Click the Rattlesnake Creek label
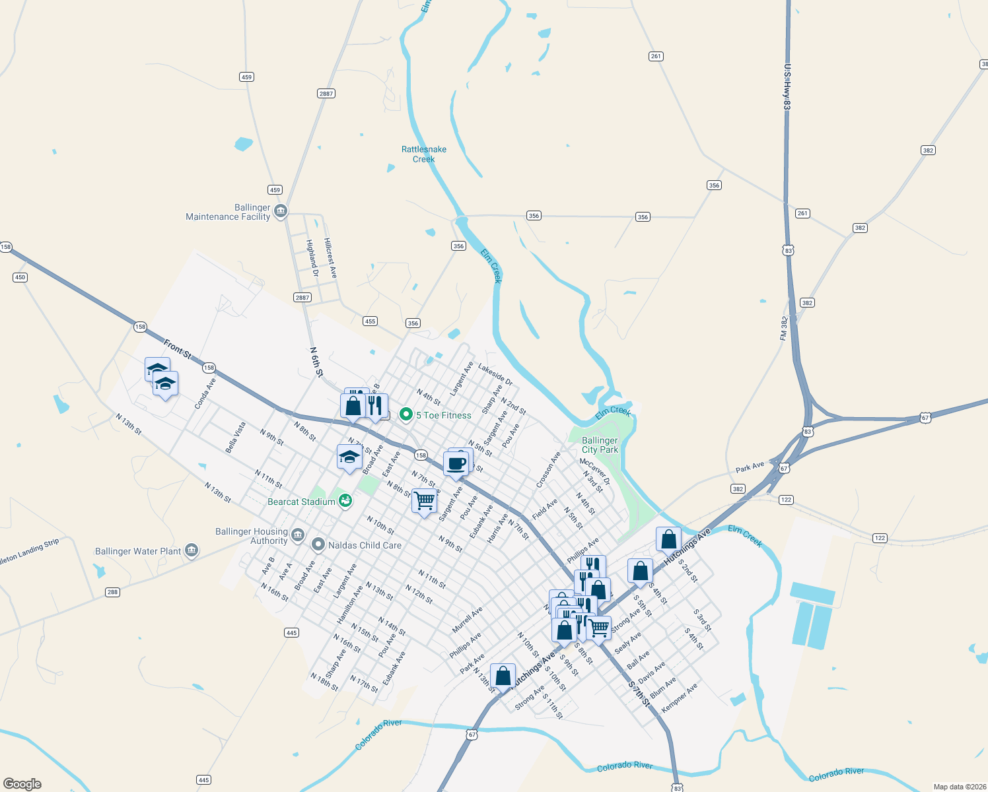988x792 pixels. click(x=424, y=154)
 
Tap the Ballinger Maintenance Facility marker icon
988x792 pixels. click(x=281, y=211)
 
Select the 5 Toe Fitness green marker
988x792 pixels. click(x=406, y=415)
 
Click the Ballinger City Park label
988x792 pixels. click(x=600, y=445)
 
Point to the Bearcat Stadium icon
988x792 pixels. click(x=345, y=502)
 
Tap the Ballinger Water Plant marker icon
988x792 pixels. click(x=192, y=550)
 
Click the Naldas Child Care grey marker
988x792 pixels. click(x=318, y=544)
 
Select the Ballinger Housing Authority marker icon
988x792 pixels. click(x=298, y=534)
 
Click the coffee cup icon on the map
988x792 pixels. click(x=456, y=464)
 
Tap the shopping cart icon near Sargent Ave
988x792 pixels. click(x=424, y=501)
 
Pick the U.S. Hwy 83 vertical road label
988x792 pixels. click(x=788, y=86)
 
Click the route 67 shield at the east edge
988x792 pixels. click(x=925, y=418)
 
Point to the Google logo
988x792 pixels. click(x=22, y=783)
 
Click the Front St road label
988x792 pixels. click(x=177, y=348)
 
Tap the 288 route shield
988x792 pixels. click(x=112, y=592)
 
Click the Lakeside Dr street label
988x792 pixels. click(x=495, y=375)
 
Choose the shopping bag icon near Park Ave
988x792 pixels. click(x=503, y=676)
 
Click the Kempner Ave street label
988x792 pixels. click(x=680, y=698)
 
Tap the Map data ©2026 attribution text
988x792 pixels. click(x=958, y=787)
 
